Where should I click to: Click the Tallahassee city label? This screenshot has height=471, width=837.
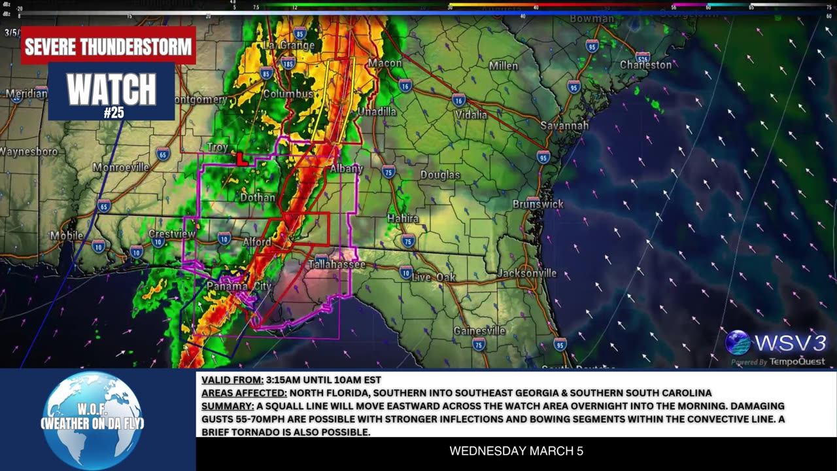[x=337, y=264]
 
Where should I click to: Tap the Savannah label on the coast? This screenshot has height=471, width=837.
[x=564, y=126]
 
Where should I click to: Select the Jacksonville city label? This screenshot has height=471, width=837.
[x=527, y=273]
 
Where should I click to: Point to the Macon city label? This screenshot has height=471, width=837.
[x=384, y=63]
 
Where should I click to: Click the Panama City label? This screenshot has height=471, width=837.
[x=239, y=287]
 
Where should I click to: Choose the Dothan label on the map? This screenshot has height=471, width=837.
[x=258, y=197]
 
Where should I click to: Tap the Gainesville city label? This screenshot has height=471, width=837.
[x=479, y=330]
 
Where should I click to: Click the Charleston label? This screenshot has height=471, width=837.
[x=645, y=65]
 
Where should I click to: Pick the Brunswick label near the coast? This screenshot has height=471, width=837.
[x=538, y=204]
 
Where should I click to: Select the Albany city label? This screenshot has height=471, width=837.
[x=346, y=169]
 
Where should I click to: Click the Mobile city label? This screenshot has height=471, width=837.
[x=67, y=235]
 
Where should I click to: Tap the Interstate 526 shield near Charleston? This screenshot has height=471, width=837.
[x=643, y=57]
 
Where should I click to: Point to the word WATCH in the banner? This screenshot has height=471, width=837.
[x=112, y=89]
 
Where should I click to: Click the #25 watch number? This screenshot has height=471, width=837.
[x=113, y=113]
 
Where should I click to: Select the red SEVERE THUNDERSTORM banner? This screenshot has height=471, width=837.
[x=109, y=46]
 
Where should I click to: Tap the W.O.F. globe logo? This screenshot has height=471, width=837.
[x=92, y=419]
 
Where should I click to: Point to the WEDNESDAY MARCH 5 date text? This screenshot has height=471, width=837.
[x=516, y=451]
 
